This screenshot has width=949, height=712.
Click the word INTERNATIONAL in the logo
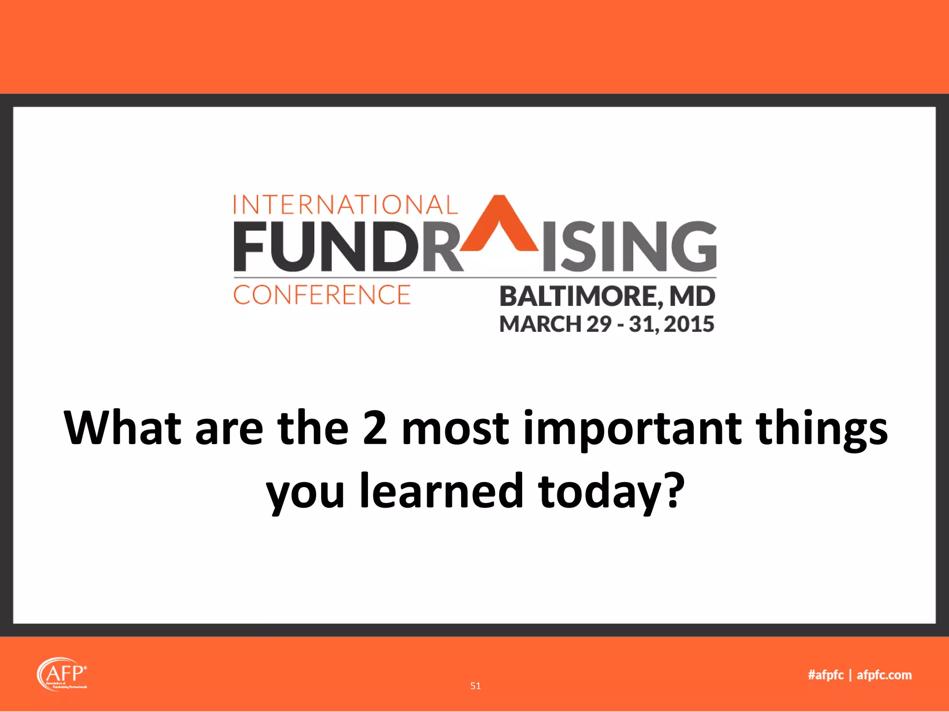345,205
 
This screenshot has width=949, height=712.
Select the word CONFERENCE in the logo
322,295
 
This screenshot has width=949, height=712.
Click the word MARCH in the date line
540,324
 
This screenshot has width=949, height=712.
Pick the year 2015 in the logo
689,324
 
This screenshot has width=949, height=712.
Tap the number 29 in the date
599,324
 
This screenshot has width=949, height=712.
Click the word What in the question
122,427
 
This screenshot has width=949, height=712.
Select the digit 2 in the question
374,427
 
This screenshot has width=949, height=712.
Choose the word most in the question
455,428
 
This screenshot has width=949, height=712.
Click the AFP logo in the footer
62,674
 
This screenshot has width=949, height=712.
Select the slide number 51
475,686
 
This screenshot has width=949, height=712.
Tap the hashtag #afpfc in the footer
826,675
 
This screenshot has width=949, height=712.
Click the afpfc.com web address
884,675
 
